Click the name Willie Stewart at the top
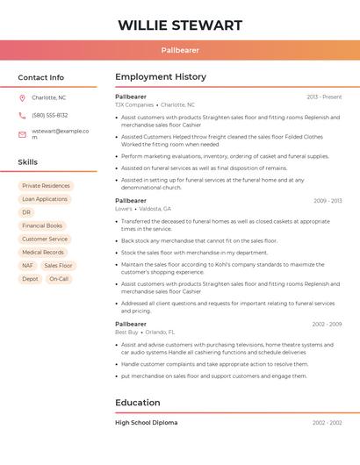point(180,25)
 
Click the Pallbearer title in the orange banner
point(180,50)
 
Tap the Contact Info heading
point(41,77)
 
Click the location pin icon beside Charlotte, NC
point(22,97)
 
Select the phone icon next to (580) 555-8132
point(22,115)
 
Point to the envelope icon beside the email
point(22,134)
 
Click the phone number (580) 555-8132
point(50,115)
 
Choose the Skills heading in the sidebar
point(28,162)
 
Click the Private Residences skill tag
point(46,186)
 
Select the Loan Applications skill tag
point(45,199)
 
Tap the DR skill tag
point(26,212)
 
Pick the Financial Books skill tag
point(42,225)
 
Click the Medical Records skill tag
point(43,252)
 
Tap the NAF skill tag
point(28,265)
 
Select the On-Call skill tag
point(59,279)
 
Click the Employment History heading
point(161,77)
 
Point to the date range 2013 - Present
point(324,97)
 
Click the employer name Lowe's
point(124,209)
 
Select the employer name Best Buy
point(126,333)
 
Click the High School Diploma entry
point(146,423)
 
